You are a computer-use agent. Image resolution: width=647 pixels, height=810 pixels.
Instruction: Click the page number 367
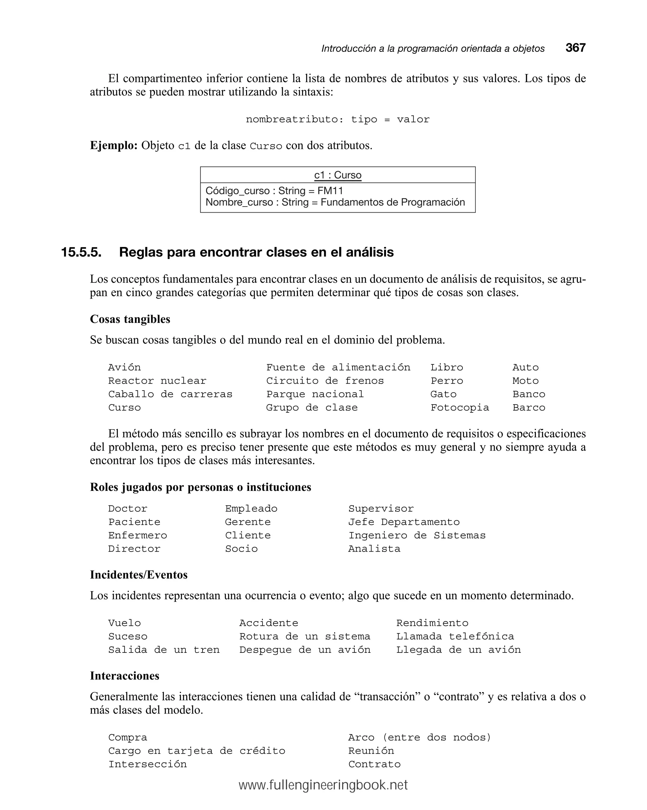pos(575,48)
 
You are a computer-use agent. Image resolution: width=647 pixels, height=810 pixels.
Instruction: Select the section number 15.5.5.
pos(81,252)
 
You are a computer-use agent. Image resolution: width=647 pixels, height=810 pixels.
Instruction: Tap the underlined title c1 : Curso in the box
pos(337,175)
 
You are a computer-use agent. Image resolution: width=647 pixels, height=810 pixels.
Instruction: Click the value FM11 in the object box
pos(330,191)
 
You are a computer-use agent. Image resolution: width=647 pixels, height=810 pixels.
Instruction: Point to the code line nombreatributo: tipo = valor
pos(337,120)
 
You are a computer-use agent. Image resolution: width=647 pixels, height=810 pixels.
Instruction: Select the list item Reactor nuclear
pos(157,380)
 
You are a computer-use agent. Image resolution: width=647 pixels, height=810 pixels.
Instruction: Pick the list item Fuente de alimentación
pos(338,367)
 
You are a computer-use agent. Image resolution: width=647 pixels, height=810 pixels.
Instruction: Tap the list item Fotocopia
pos(459,408)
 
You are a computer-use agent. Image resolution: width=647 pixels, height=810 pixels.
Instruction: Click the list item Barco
pos(529,408)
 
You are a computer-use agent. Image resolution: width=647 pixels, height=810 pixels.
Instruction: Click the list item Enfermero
pos(137,535)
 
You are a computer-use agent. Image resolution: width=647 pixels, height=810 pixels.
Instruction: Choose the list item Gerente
pos(247,522)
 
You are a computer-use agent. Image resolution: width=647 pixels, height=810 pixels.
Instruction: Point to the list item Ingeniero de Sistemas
pos(417,535)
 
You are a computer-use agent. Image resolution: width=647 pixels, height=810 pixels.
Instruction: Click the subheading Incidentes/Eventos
pos(138,574)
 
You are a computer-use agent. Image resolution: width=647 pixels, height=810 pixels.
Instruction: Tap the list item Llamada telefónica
pos(455,636)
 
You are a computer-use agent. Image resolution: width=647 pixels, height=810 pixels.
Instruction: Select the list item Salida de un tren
pos(164,650)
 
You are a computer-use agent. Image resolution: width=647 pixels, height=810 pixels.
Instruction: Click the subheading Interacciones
pos(124,676)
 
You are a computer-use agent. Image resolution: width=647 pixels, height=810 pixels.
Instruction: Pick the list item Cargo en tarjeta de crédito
pos(197,751)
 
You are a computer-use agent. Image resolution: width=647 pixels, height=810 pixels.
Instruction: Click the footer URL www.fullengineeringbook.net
pos(323,785)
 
